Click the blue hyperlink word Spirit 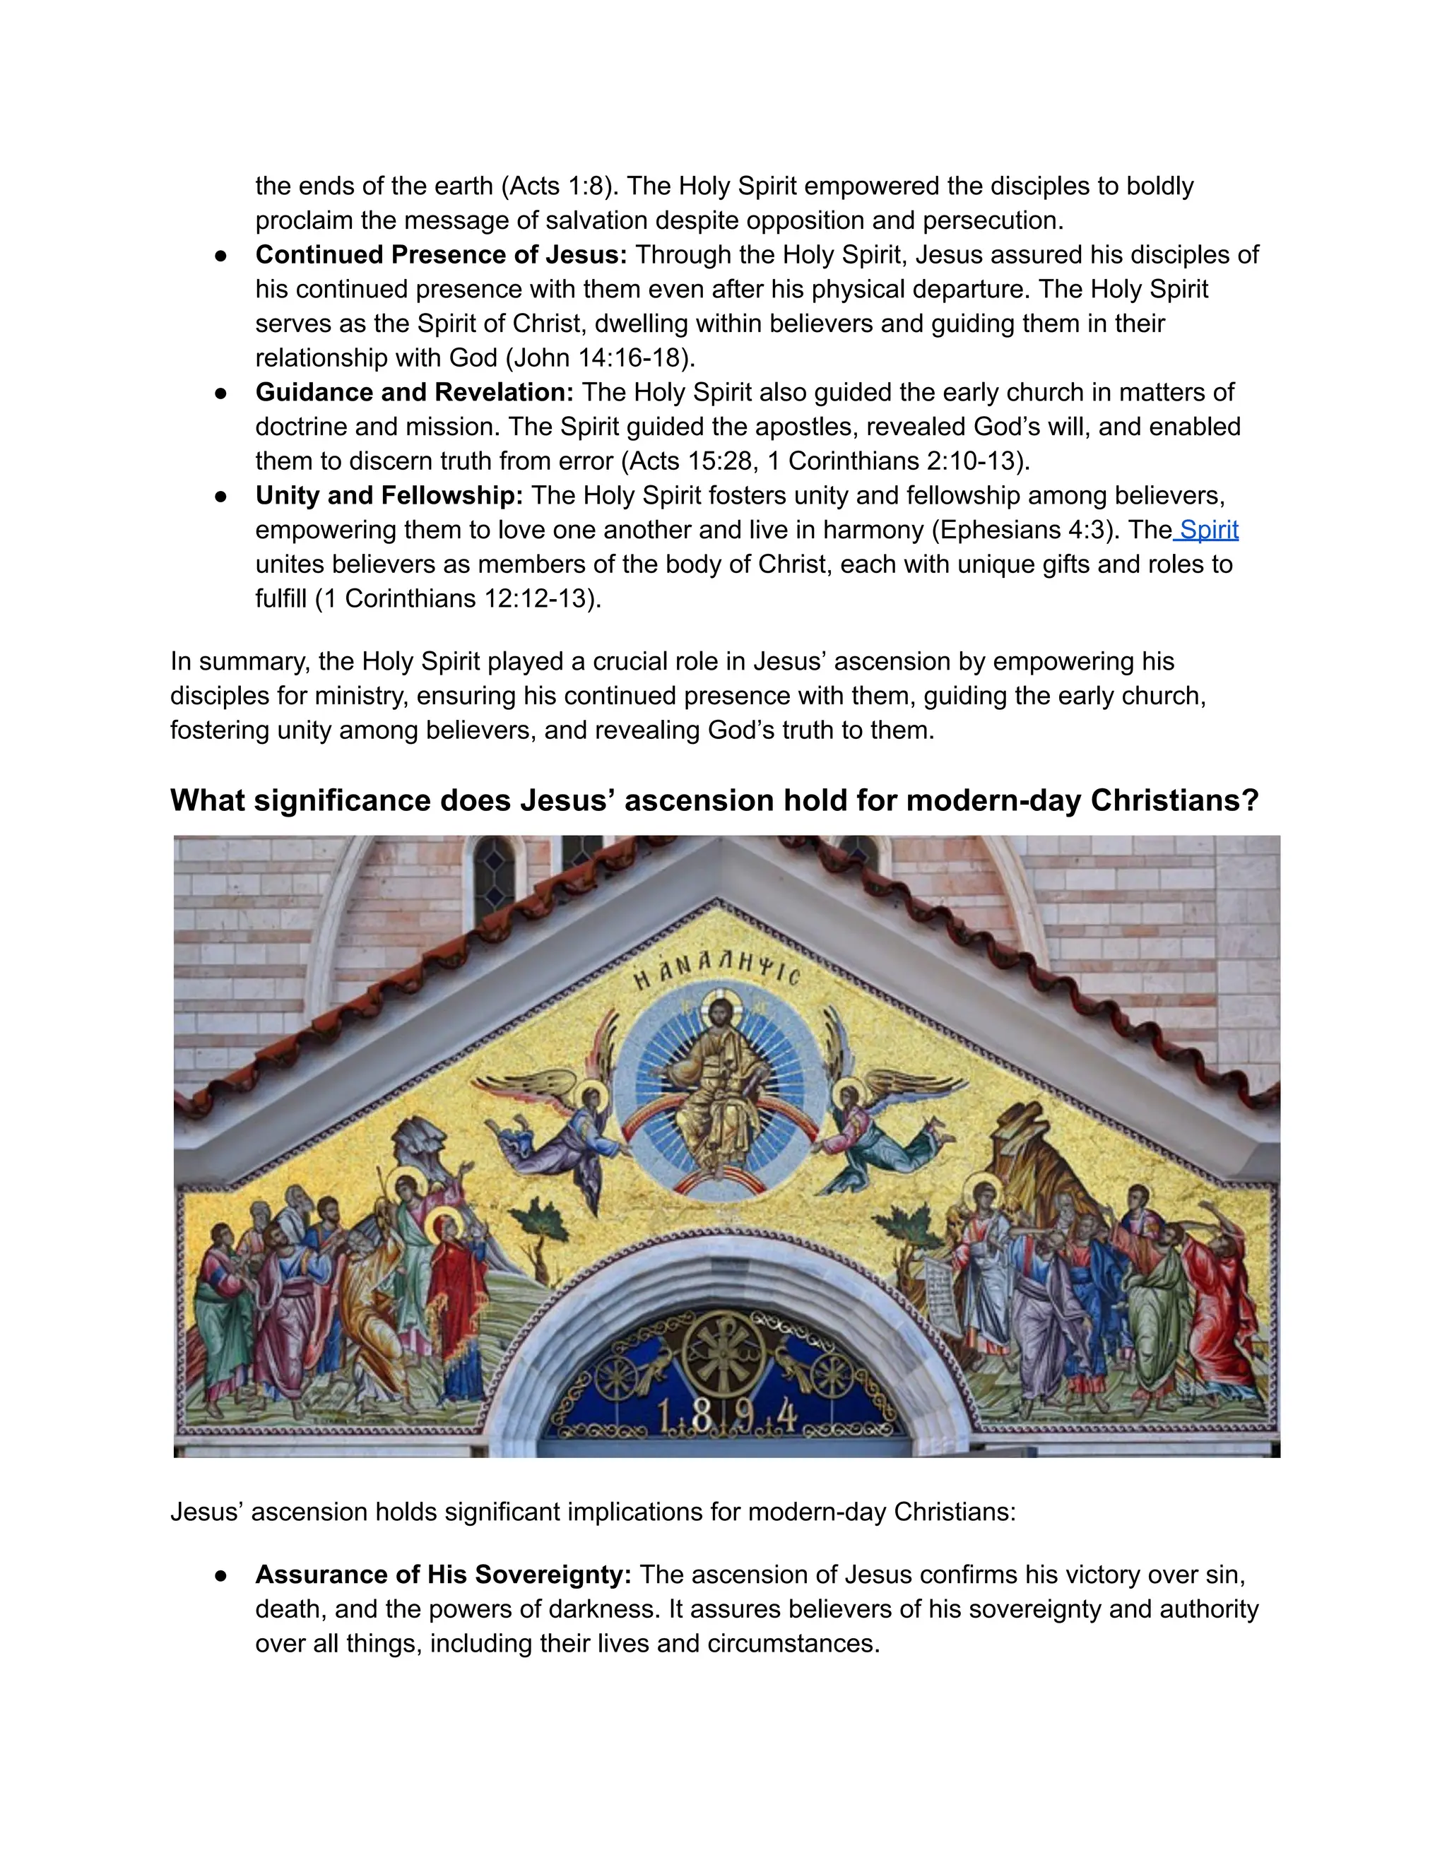(1209, 530)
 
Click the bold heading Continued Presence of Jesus (441, 254)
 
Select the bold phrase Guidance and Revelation (414, 392)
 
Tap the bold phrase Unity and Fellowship (389, 495)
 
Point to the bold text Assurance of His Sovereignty (442, 1575)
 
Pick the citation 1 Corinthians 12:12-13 (458, 598)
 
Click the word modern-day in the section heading (993, 800)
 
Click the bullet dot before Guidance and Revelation (220, 393)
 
